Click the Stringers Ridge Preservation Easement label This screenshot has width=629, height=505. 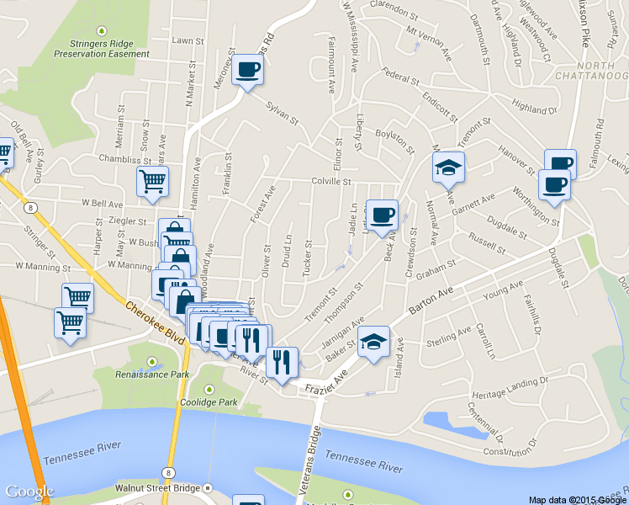[102, 47]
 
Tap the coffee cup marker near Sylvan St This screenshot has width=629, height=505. [248, 70]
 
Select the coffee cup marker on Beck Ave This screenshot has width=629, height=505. [383, 215]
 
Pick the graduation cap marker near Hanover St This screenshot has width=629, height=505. [449, 167]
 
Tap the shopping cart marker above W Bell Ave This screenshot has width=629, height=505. [152, 182]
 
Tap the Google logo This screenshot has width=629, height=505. [29, 492]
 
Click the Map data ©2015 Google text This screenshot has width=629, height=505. [577, 499]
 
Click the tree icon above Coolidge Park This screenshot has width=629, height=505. [209, 389]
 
